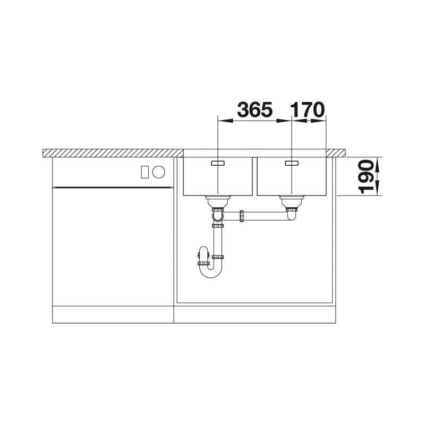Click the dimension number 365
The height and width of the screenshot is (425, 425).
coord(255,109)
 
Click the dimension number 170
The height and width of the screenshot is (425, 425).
coord(307,109)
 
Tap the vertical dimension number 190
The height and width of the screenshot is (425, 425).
coord(366,177)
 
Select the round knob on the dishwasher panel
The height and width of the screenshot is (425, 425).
coord(158,172)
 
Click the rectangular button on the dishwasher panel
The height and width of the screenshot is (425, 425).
coord(144,172)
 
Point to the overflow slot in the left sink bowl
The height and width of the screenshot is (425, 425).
coord(218,163)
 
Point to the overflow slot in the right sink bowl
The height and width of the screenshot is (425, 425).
coord(292,163)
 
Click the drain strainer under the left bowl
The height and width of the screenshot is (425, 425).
coord(218,201)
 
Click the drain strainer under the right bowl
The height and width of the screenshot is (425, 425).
coord(292,201)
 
